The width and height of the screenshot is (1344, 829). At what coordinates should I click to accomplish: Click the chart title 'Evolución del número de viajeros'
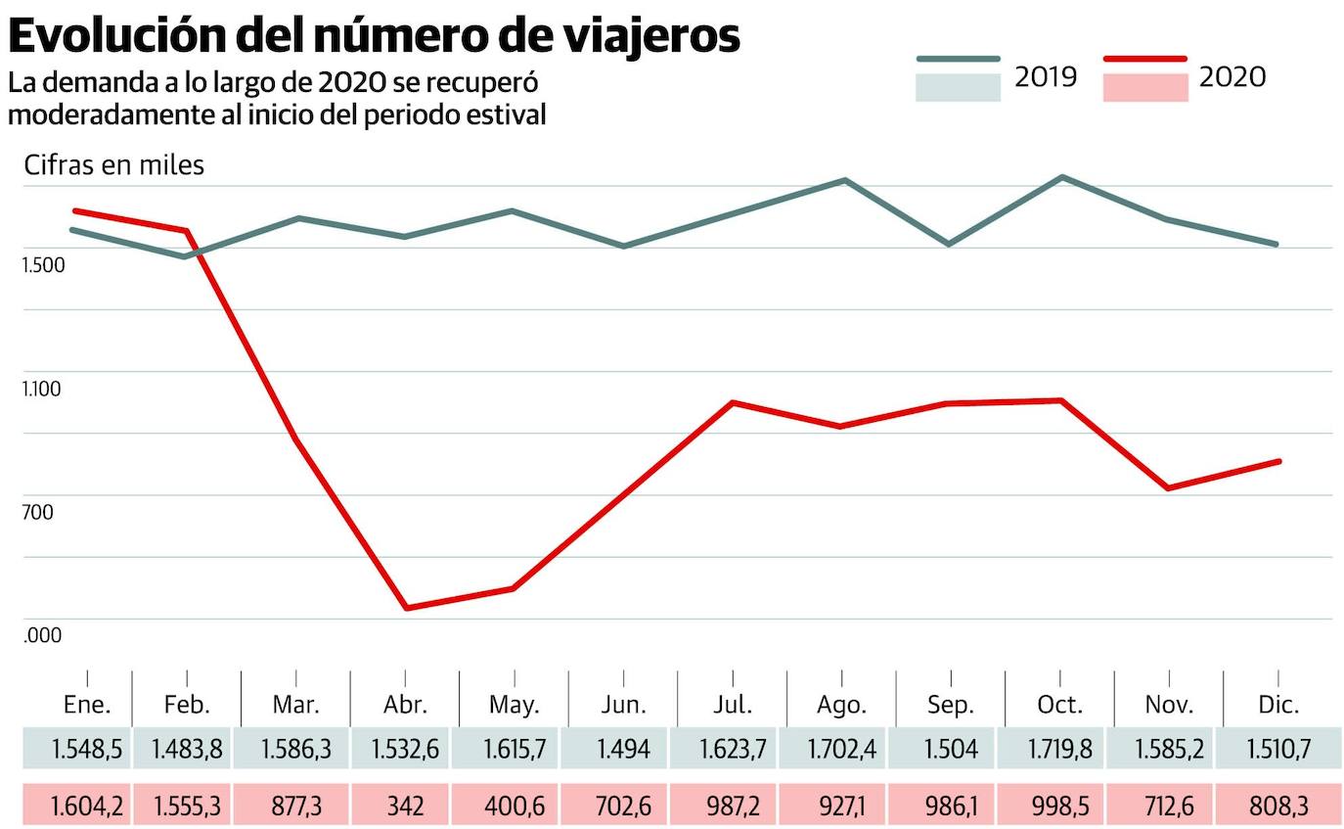click(374, 37)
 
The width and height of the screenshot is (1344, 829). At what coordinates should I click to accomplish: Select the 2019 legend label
click(1045, 77)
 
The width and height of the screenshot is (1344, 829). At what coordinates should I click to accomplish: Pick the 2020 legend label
click(1232, 77)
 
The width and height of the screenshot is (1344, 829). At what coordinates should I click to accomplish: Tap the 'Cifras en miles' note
click(114, 165)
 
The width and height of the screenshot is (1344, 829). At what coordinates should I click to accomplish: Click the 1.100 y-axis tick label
click(41, 389)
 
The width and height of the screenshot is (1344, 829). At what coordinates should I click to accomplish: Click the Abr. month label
click(405, 705)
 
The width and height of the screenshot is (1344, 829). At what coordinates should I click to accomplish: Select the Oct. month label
click(1059, 705)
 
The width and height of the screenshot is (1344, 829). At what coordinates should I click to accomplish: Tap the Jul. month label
click(733, 705)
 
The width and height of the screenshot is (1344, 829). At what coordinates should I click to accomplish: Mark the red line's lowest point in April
click(405, 608)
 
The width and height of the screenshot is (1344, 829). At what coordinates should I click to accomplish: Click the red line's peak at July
click(733, 402)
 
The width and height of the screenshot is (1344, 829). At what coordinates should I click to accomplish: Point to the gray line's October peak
click(1061, 177)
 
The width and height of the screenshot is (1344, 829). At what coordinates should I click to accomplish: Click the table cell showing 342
click(405, 806)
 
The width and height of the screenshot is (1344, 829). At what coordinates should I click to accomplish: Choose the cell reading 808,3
click(1277, 806)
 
